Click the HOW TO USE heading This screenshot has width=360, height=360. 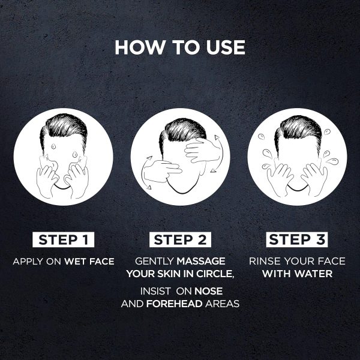pos(180,47)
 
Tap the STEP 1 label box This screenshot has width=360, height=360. pos(64,239)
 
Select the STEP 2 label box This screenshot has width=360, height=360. pos(180,239)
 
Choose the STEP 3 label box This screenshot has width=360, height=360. pos(297,239)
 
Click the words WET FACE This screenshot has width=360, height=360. pos(89,262)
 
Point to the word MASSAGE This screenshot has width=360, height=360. pos(201,261)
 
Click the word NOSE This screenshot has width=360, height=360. pos(208,291)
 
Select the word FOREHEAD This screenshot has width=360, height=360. pos(174,304)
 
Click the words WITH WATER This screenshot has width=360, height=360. pos(298,274)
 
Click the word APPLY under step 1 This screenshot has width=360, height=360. pos(28,262)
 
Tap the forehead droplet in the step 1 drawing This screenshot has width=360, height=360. pos(53,146)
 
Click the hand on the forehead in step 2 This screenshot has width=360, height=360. pos(202,151)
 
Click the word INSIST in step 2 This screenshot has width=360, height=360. pos(155,291)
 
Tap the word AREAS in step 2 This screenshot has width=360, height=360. pos(223,304)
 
